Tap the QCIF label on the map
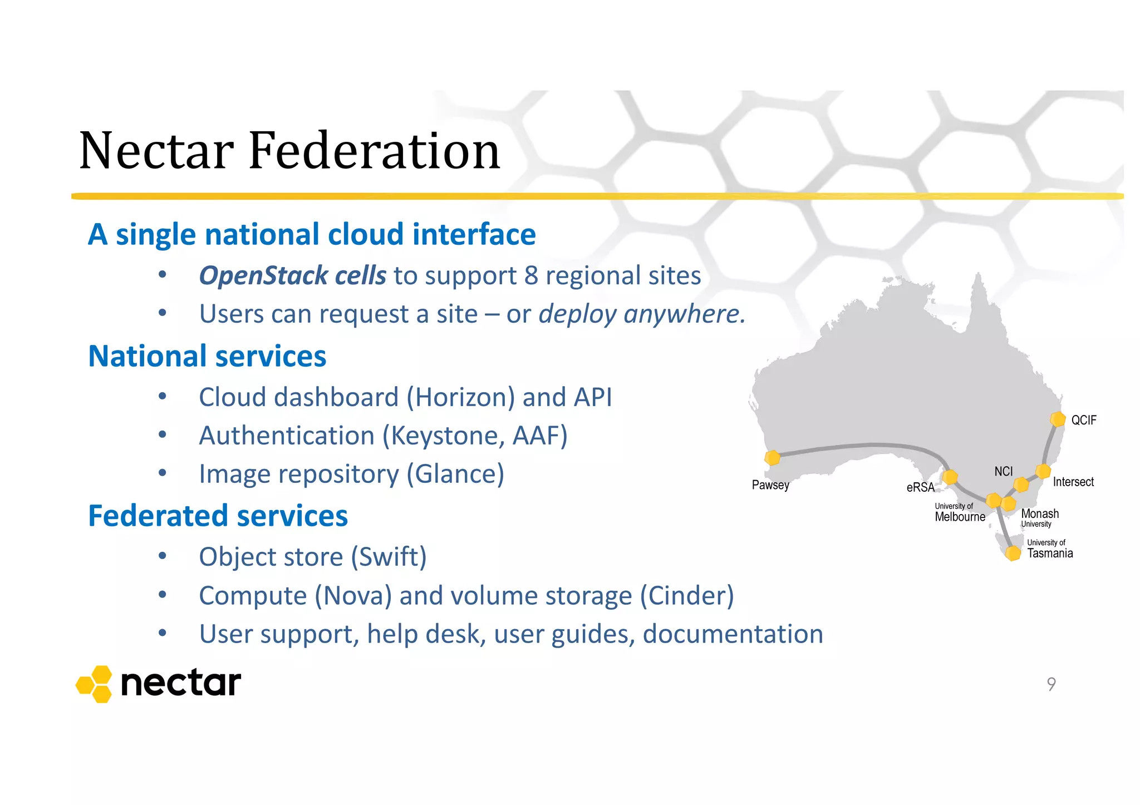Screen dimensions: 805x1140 [1083, 420]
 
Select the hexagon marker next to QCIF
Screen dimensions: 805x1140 [1058, 419]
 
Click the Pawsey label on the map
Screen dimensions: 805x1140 [770, 485]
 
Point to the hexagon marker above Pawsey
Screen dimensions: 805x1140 [773, 458]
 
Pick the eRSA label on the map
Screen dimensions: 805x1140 [920, 487]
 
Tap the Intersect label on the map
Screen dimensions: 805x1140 [1073, 482]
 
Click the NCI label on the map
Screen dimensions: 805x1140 [1003, 471]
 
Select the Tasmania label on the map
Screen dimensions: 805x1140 [1050, 553]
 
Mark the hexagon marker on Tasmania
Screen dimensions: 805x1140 [1013, 553]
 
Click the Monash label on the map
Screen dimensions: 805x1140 [1040, 513]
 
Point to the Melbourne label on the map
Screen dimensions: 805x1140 [960, 517]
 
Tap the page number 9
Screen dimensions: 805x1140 [1051, 684]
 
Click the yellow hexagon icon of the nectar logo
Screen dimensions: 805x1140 [94, 684]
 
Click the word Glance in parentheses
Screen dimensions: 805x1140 [455, 474]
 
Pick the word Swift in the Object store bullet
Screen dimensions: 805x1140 [389, 557]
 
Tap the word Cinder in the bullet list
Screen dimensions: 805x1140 [686, 595]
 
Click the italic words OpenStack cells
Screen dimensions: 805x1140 [292, 275]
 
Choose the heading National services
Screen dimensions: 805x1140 [207, 356]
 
